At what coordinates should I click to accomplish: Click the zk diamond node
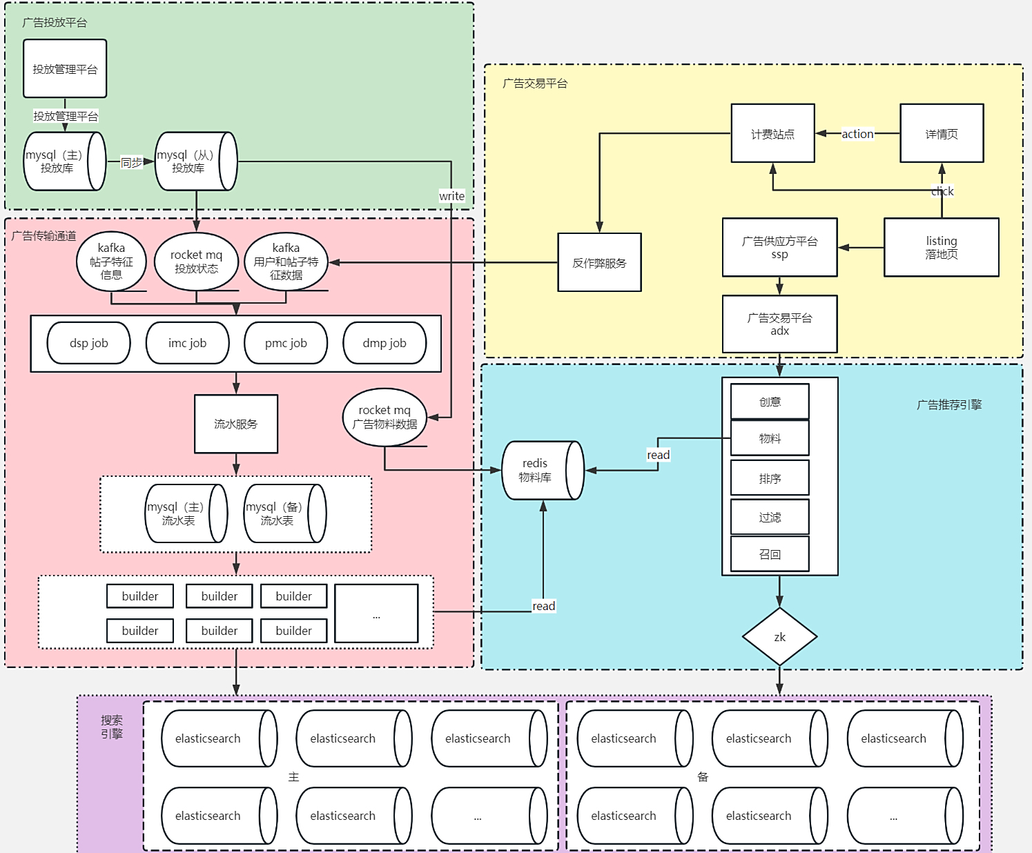click(779, 637)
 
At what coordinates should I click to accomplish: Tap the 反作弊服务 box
click(599, 262)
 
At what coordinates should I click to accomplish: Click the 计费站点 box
click(772, 133)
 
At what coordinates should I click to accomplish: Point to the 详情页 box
click(942, 133)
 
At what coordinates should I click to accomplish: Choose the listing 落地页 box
click(941, 247)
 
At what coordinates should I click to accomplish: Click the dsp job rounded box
click(88, 343)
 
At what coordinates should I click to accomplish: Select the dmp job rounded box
click(384, 343)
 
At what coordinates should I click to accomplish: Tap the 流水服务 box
click(235, 424)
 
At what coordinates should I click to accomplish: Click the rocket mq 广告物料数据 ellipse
click(384, 417)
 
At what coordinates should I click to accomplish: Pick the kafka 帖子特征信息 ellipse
click(111, 262)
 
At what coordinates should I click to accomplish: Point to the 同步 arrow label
click(131, 162)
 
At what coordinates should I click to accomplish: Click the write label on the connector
click(451, 196)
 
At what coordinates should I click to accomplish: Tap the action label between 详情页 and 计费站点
click(857, 134)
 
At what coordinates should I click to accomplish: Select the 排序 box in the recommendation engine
click(770, 478)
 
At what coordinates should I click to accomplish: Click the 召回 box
click(770, 554)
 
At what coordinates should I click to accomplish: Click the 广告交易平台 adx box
click(779, 324)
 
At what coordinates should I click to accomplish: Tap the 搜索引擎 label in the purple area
click(112, 727)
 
